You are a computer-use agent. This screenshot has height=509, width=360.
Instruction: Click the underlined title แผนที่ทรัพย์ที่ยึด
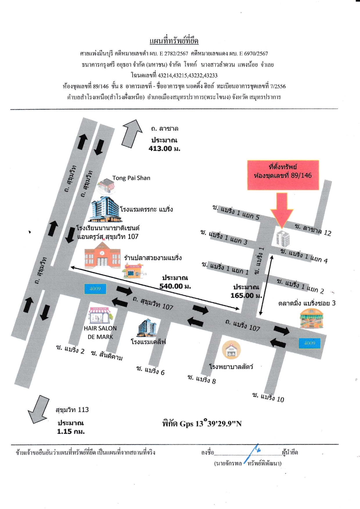[174, 41]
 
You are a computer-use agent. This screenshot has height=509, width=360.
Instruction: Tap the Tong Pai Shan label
[131, 178]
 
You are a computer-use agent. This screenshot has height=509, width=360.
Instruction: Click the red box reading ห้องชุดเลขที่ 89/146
[283, 175]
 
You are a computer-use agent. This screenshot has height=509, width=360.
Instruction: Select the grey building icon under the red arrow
[283, 239]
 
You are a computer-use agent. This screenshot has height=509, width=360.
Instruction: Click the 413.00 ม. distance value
[164, 149]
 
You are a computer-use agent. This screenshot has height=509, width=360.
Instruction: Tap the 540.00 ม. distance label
[175, 286]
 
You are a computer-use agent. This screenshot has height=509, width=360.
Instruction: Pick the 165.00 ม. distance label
[246, 295]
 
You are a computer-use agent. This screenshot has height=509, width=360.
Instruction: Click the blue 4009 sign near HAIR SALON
[95, 289]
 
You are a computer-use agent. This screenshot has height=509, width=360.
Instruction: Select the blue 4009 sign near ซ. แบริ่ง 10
[310, 343]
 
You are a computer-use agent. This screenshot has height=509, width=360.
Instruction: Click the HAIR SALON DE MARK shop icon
[100, 315]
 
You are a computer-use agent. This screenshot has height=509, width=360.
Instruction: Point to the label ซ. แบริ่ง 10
[268, 397]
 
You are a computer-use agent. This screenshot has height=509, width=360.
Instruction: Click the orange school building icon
[102, 255]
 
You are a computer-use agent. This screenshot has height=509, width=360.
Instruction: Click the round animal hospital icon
[231, 350]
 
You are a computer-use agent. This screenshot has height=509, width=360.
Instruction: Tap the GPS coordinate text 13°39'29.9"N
[219, 423]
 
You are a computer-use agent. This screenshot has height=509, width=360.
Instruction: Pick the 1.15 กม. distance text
[71, 432]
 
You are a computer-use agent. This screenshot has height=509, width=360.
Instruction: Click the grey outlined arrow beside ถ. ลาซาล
[132, 133]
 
